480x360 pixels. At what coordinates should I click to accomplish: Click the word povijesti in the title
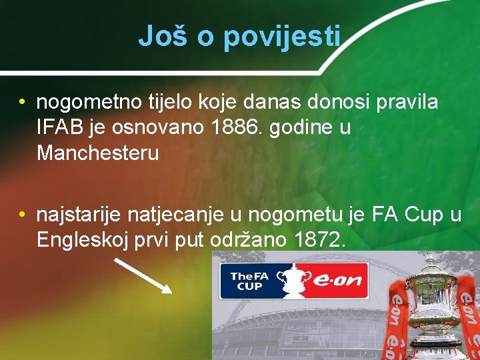282,37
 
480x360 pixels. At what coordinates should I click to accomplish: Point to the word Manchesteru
98,153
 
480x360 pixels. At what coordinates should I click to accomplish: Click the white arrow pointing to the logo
143,275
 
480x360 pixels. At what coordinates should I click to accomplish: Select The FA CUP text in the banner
247,281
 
